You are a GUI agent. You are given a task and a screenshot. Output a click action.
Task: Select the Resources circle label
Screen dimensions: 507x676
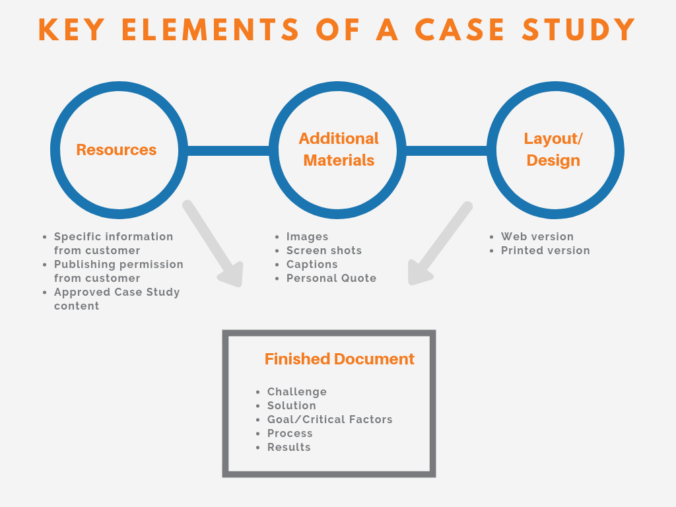(116, 150)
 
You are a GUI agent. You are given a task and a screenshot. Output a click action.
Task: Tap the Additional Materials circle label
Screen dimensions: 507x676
(339, 149)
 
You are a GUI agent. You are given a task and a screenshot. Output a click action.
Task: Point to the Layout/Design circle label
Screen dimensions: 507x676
(553, 149)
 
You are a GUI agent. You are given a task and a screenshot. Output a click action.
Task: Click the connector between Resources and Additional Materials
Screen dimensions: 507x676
(228, 151)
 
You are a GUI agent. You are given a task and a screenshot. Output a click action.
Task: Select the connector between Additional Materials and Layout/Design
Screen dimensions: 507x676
(446, 151)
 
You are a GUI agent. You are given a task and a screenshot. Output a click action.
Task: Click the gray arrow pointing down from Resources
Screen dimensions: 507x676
(213, 244)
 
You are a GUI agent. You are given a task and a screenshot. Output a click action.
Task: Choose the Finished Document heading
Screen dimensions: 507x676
(339, 359)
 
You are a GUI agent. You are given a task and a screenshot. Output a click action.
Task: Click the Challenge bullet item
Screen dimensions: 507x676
(296, 391)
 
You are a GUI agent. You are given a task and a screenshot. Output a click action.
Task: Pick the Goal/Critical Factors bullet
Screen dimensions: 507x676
(329, 419)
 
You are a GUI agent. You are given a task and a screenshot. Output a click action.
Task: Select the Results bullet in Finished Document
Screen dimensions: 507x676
(288, 447)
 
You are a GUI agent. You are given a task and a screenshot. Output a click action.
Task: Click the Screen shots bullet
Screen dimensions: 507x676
(323, 250)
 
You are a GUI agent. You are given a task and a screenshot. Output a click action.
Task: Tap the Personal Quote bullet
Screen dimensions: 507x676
(331, 278)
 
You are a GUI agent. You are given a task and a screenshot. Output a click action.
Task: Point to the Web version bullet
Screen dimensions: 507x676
(537, 236)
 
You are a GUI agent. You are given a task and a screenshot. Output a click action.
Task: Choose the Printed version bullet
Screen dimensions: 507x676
(545, 250)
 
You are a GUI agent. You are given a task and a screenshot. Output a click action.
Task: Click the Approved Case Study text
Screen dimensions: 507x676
(117, 292)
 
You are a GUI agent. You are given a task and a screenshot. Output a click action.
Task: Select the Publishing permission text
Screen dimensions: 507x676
(118, 264)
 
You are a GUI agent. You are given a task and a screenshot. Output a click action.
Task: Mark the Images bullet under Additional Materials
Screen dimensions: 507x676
(307, 236)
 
